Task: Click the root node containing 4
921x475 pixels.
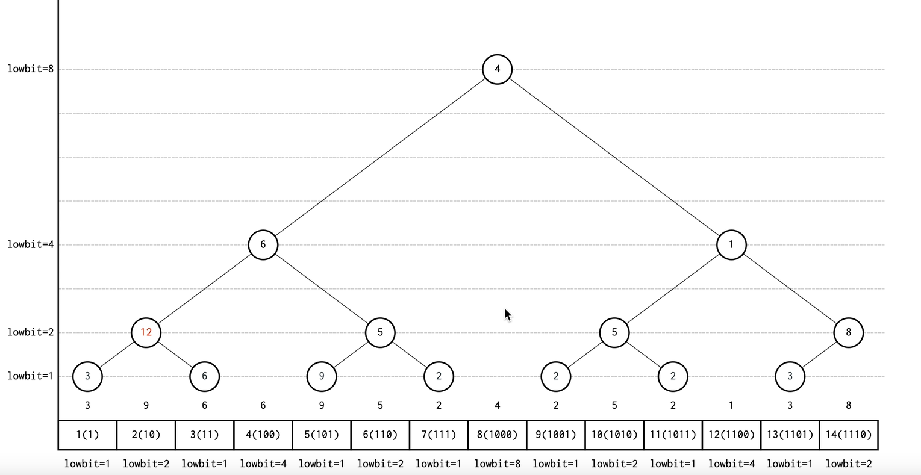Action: (497, 69)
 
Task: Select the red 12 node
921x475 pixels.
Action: (146, 332)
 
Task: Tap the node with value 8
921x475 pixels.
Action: (848, 332)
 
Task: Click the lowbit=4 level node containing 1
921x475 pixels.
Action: (731, 245)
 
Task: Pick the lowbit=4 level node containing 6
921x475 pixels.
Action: (263, 245)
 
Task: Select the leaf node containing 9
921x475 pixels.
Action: (321, 376)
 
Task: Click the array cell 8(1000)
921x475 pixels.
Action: (497, 435)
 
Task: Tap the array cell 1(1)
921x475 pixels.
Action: (87, 435)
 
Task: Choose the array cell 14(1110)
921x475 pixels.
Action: (848, 435)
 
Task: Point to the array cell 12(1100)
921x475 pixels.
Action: (731, 435)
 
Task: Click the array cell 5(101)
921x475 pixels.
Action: (321, 435)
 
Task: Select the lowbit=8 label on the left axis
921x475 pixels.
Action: (30, 69)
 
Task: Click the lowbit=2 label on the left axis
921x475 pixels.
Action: (30, 332)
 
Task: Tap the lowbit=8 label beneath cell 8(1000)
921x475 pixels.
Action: (497, 464)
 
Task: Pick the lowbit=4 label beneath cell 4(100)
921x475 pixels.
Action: (263, 464)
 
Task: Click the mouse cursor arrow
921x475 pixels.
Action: (508, 315)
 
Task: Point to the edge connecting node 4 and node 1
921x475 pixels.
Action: (614, 157)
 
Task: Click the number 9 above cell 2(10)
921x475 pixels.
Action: (146, 406)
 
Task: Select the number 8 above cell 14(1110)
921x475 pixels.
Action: (848, 406)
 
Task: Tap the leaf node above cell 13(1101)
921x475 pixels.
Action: (790, 376)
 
